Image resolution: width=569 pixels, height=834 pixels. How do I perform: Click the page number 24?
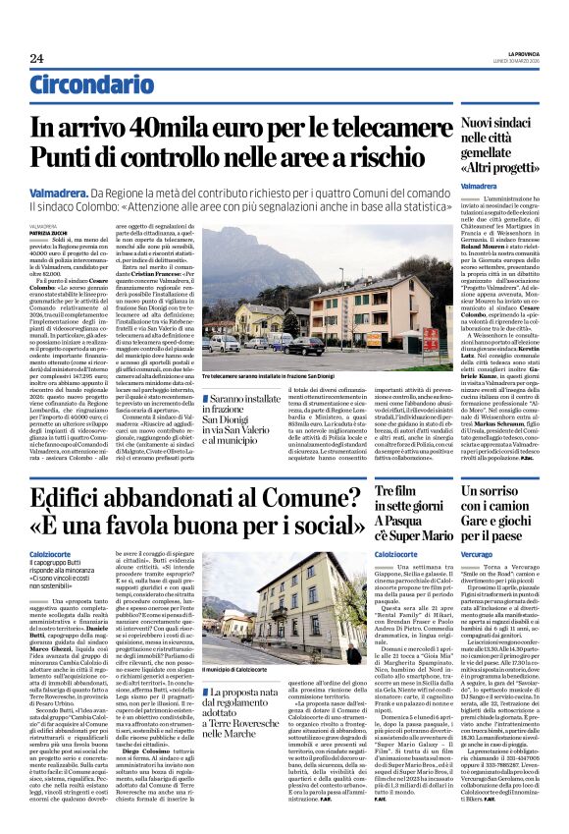pyautogui.click(x=37, y=59)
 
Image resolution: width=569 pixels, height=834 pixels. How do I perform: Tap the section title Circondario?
pyautogui.click(x=87, y=84)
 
